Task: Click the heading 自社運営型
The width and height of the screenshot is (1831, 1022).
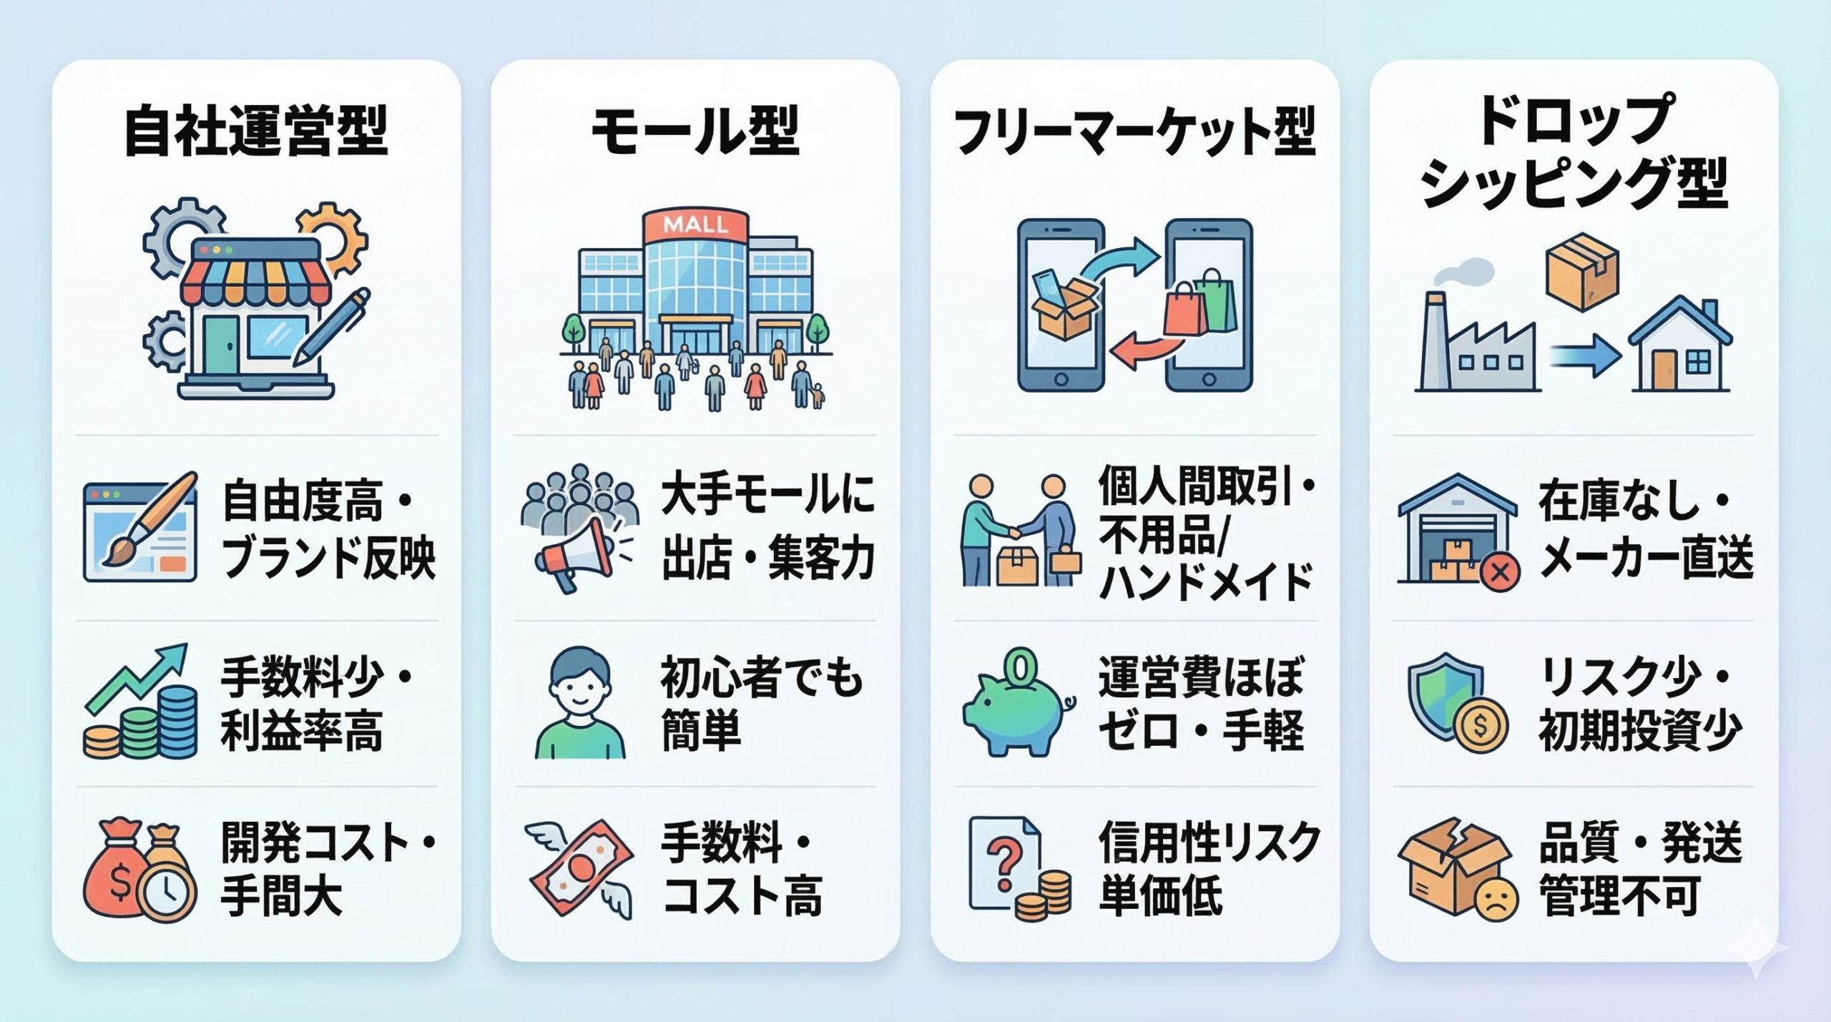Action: point(255,130)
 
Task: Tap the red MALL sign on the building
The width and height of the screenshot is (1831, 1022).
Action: point(695,225)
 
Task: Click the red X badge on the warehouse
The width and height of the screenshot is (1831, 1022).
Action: point(1499,571)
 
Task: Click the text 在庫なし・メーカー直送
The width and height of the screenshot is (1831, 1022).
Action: point(1645,529)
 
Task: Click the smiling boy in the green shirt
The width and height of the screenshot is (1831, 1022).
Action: point(579,704)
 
